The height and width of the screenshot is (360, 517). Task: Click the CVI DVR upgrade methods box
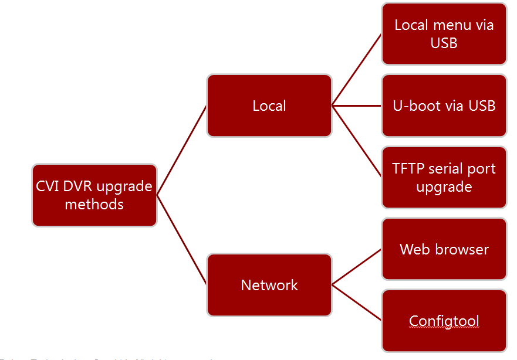click(x=94, y=195)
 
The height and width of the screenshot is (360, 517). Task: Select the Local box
click(x=269, y=106)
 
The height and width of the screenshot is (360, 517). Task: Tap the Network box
click(x=269, y=285)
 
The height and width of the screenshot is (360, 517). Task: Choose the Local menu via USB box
click(x=444, y=33)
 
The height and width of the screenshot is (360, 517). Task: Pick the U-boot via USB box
click(x=444, y=106)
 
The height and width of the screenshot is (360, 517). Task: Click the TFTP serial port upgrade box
click(x=444, y=178)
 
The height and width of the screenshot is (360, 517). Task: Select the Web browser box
click(x=444, y=249)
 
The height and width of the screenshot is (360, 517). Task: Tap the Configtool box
click(x=444, y=321)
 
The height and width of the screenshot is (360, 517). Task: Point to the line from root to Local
click(x=182, y=150)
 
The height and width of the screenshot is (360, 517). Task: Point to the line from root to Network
click(x=182, y=240)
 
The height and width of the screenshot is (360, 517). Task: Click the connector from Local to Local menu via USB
click(x=357, y=70)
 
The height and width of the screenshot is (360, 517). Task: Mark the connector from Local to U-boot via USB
click(x=357, y=106)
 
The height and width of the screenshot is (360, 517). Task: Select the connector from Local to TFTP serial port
click(x=357, y=141)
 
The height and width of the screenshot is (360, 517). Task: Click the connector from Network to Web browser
click(x=357, y=267)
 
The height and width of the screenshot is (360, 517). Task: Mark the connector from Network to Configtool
click(x=357, y=303)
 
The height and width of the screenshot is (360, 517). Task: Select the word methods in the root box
click(x=94, y=205)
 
